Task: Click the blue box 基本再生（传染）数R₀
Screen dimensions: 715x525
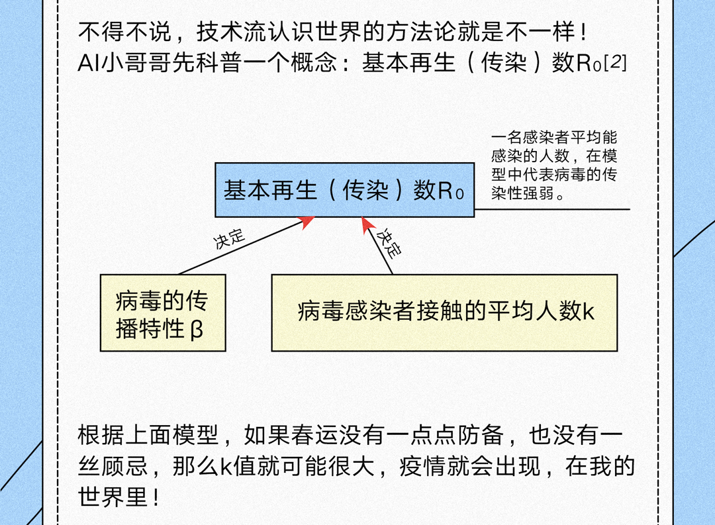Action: [344, 190]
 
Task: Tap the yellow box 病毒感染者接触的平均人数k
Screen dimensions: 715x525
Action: [444, 312]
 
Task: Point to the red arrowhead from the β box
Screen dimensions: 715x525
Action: [307, 222]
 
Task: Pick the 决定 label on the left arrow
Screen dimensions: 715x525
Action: [228, 239]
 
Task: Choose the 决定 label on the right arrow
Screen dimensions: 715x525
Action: [389, 243]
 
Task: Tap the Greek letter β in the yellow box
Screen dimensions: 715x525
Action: [197, 329]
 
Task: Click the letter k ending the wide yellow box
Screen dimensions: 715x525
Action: [588, 311]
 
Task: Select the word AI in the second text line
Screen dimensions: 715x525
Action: [89, 64]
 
